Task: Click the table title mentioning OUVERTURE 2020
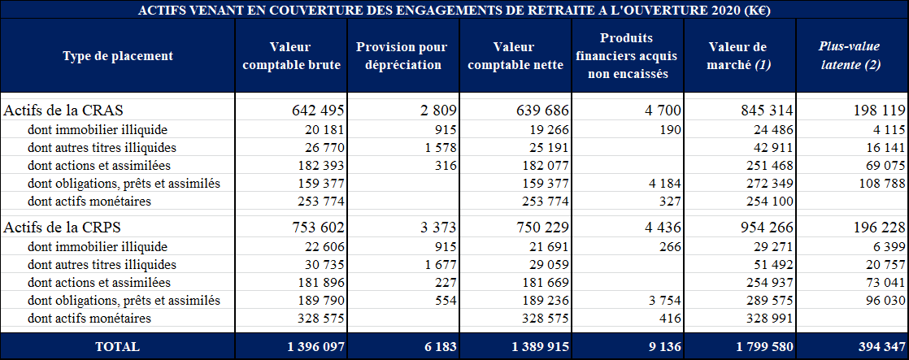[455, 10]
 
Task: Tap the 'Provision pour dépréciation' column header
[402, 56]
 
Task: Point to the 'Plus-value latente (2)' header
[850, 56]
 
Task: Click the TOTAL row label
[117, 346]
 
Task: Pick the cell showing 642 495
[318, 110]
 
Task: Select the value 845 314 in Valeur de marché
[767, 110]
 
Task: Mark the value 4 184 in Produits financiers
[663, 184]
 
